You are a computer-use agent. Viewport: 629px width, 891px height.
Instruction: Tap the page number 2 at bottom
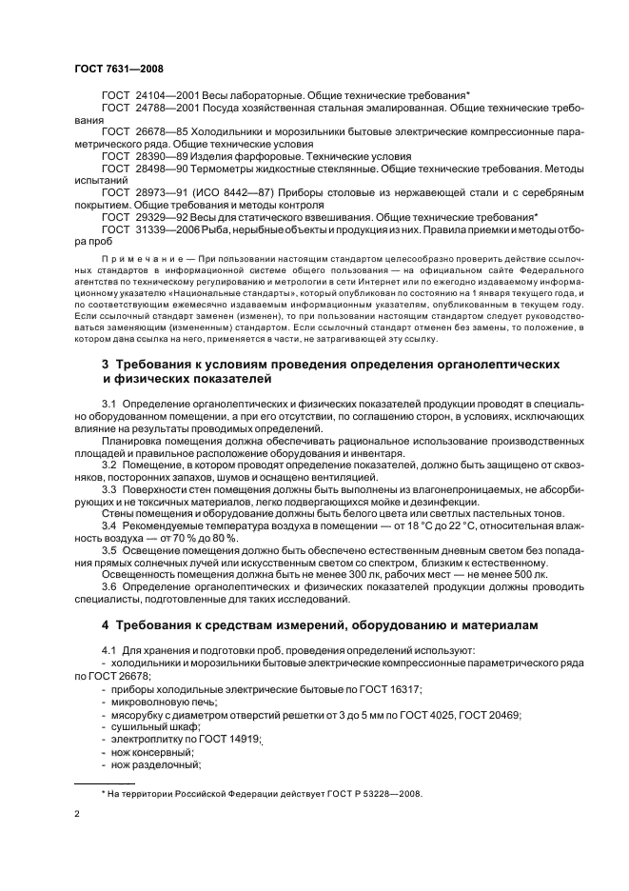[77, 815]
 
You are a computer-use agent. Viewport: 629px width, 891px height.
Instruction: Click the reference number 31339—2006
[167, 229]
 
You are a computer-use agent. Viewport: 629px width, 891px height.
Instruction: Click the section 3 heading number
[106, 365]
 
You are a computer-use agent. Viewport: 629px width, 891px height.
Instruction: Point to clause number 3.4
[109, 524]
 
